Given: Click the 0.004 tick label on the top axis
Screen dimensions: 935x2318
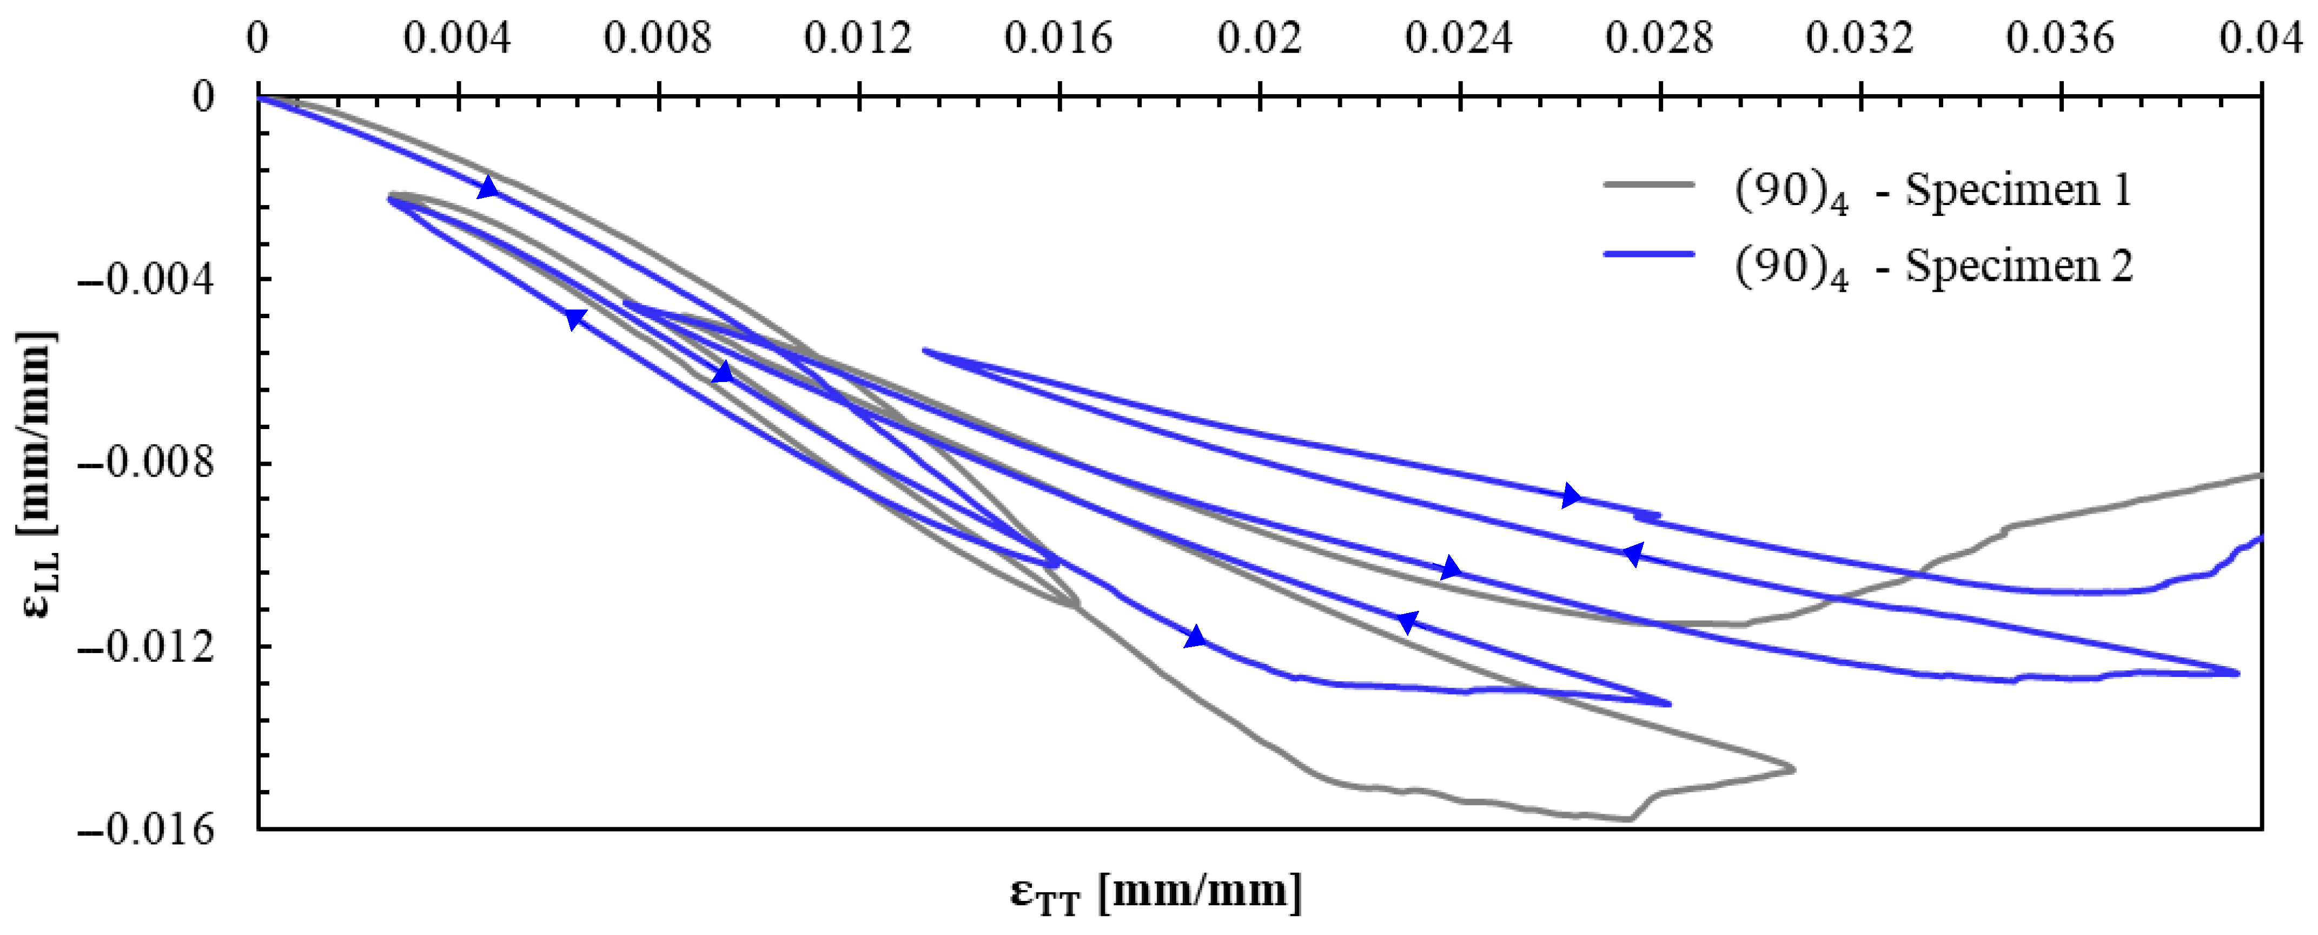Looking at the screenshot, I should point(457,39).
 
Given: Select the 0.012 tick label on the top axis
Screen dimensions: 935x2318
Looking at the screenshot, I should point(858,39).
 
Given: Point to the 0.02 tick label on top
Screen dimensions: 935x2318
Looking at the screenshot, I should point(1259,39).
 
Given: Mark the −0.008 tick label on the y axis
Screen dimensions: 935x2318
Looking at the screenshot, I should point(147,464).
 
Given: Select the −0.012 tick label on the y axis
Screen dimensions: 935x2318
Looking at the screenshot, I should point(147,647).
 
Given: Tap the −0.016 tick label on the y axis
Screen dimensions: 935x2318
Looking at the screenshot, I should point(147,829).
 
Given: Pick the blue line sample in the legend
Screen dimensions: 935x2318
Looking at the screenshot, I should point(1648,255).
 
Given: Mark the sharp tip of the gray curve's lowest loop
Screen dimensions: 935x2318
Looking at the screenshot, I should point(1793,769).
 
